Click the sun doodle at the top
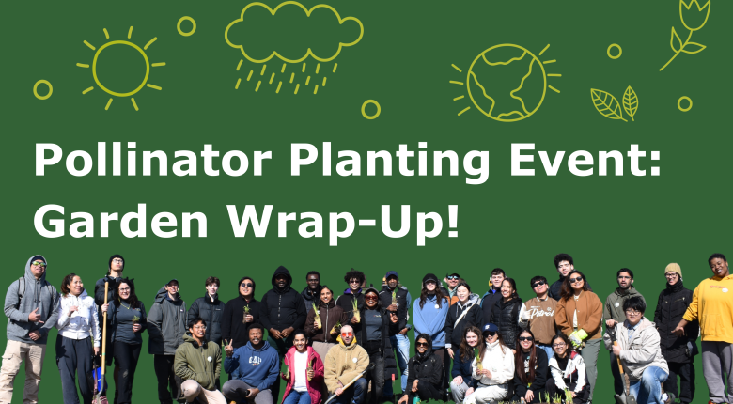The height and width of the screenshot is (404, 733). (120, 67)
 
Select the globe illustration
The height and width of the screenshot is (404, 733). (505, 82)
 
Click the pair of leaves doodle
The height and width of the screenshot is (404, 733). (615, 102)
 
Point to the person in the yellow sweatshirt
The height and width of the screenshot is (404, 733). (711, 310)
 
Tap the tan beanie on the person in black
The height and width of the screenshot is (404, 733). (673, 270)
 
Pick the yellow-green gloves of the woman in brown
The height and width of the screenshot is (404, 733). (577, 334)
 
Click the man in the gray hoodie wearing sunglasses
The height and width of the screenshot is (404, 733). (30, 310)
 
